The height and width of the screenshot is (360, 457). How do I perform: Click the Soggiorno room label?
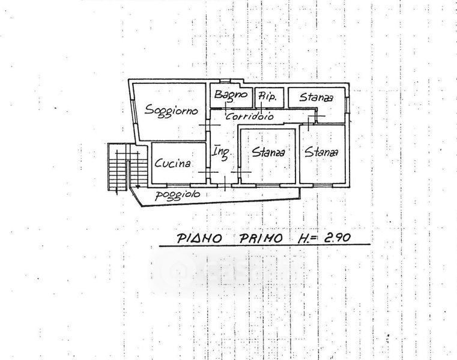tap(169, 112)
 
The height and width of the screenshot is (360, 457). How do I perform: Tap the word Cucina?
tap(172, 163)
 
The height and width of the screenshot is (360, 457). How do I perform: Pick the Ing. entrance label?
tap(220, 153)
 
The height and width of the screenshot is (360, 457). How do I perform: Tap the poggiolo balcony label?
tap(177, 195)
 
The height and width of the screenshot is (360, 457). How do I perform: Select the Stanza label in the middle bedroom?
tap(268, 152)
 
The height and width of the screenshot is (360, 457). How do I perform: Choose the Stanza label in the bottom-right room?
tap(321, 152)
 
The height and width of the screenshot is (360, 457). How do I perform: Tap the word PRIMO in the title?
tap(261, 238)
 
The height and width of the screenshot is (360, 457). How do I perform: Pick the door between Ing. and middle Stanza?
tap(238, 172)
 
